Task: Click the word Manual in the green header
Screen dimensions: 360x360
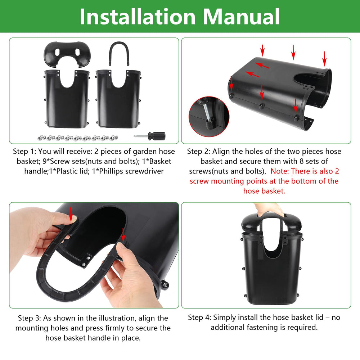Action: click(241, 17)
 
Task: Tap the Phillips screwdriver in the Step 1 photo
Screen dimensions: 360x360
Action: click(149, 136)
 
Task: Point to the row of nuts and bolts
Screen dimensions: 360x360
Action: click(78, 138)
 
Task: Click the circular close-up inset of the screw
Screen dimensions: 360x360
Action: click(209, 116)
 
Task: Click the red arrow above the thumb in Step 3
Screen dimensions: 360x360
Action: click(71, 214)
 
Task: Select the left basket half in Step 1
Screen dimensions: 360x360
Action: click(67, 99)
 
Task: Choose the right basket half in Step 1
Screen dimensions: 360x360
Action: click(118, 99)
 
